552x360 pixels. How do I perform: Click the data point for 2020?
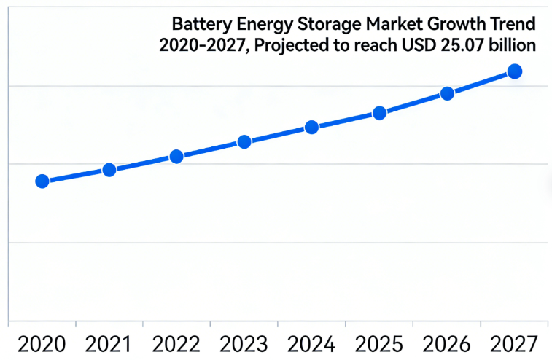click(42, 181)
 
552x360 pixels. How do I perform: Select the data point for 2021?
click(109, 170)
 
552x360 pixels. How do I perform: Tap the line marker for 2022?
click(176, 156)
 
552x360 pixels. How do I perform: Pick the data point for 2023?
click(244, 141)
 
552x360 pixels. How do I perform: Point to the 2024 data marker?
click(311, 127)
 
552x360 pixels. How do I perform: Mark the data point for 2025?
click(379, 113)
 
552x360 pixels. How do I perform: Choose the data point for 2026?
click(447, 93)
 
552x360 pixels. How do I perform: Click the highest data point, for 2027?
click(514, 71)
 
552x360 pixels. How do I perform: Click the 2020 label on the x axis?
click(42, 343)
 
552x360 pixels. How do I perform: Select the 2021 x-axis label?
click(109, 343)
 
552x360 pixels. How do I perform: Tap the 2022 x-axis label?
click(176, 343)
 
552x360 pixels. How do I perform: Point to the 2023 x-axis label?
click(244, 343)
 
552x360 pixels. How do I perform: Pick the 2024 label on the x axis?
click(311, 343)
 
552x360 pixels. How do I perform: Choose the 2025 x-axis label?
click(379, 343)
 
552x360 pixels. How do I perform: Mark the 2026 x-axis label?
click(447, 343)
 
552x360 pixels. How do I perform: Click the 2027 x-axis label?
click(514, 343)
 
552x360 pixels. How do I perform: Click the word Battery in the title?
click(196, 23)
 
